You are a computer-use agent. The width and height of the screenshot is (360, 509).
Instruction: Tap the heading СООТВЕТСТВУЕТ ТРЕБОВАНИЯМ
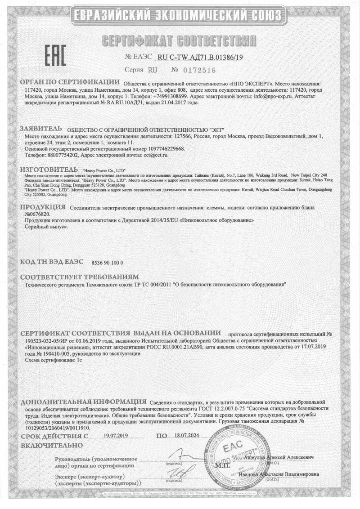79,276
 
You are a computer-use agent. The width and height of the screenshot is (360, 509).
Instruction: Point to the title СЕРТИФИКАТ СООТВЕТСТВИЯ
180,42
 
